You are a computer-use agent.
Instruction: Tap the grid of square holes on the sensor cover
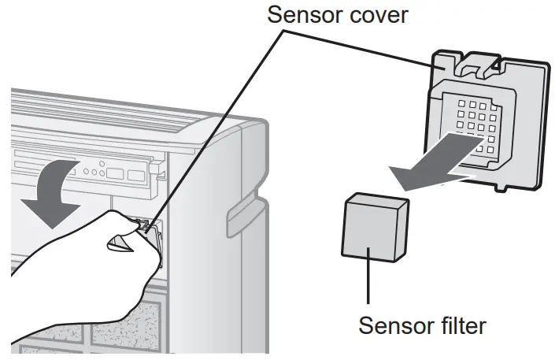tap(469, 122)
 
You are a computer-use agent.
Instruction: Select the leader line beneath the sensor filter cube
tap(367, 280)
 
